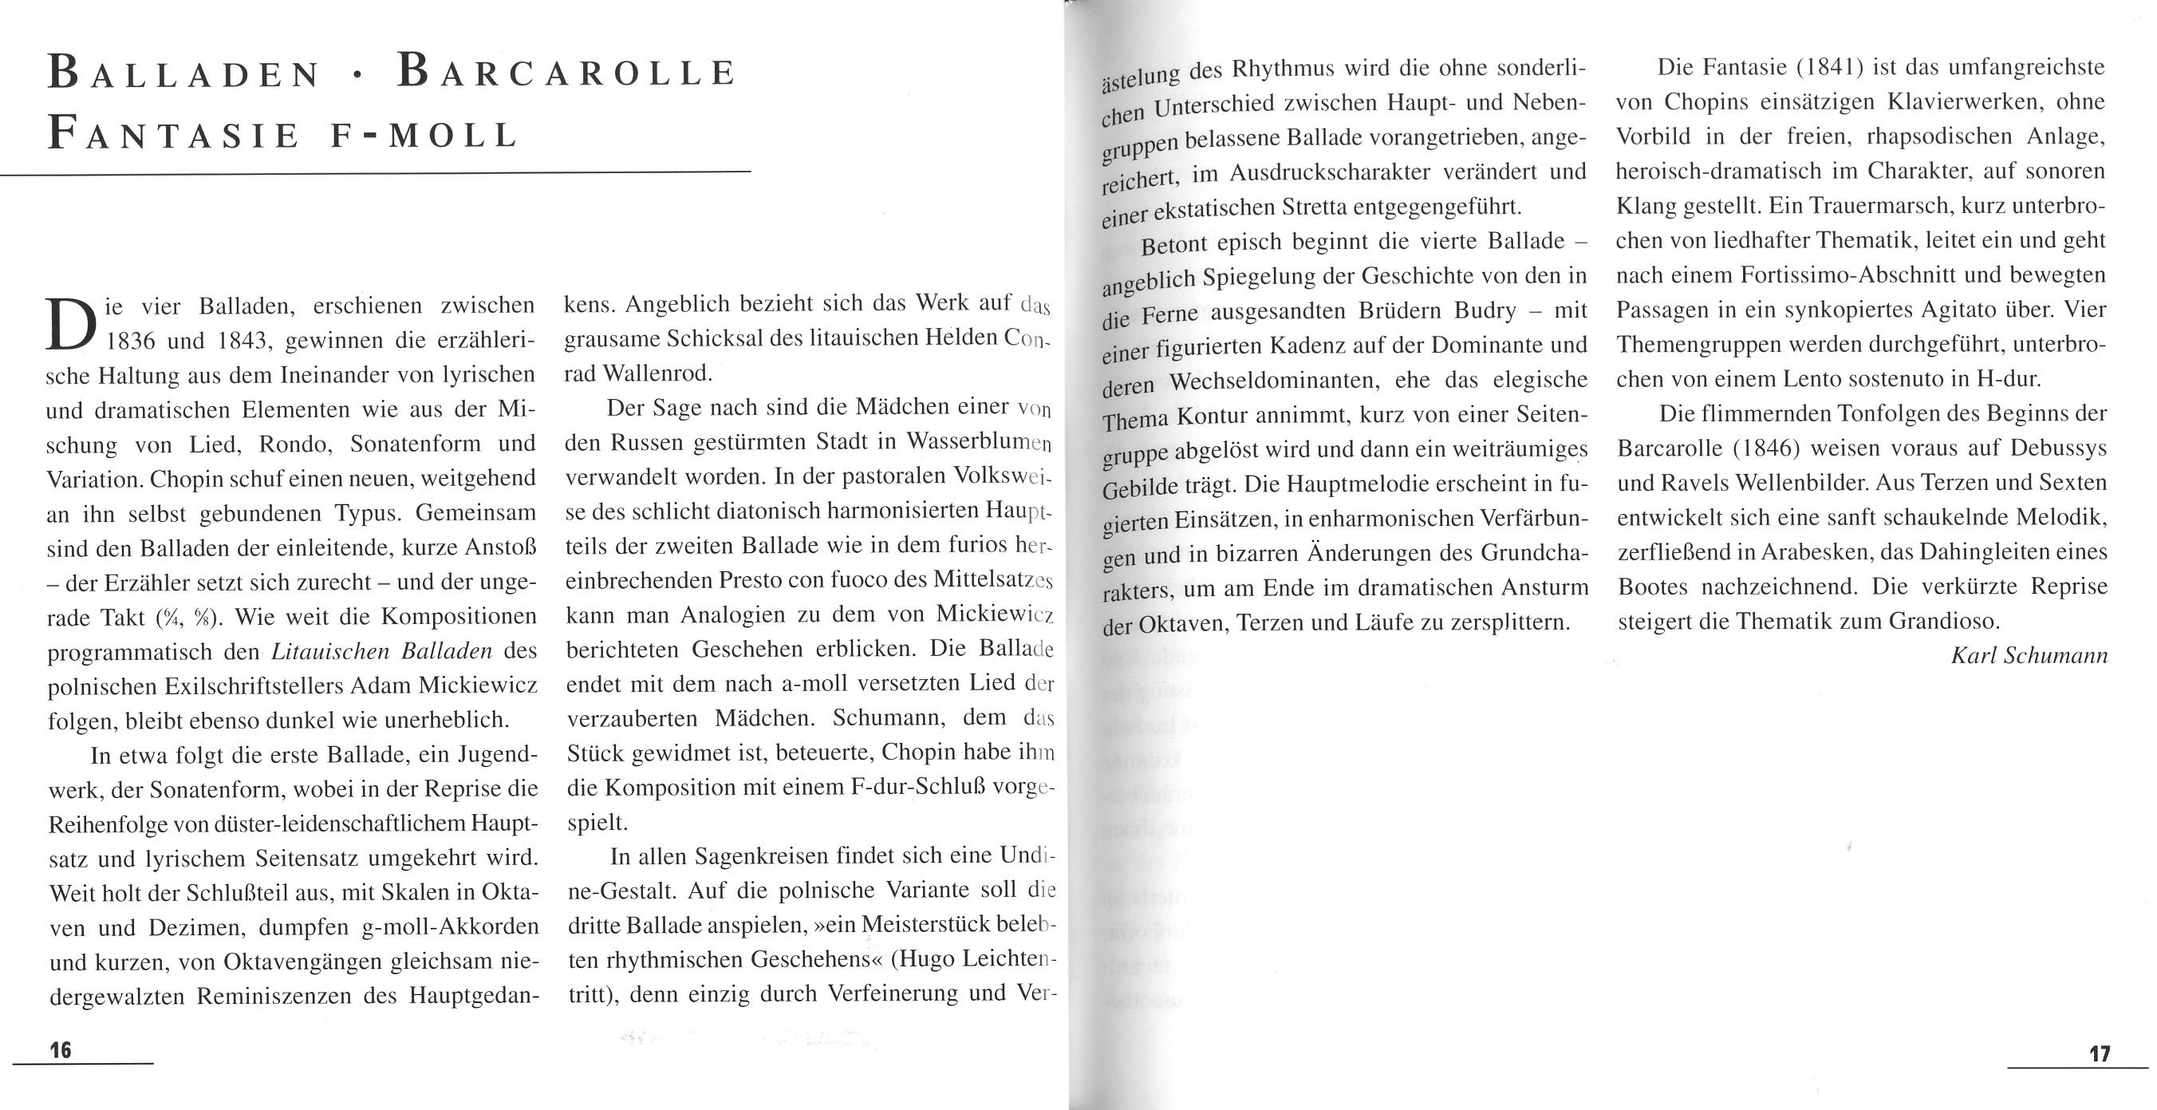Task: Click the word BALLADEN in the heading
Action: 184,73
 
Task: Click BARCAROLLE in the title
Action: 567,73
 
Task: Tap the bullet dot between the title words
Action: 358,75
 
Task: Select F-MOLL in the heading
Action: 424,136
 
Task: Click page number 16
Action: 61,1049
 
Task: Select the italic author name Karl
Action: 1974,655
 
